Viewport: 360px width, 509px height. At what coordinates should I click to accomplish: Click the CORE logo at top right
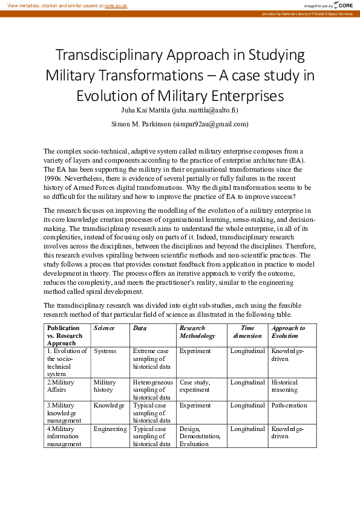pyautogui.click(x=343, y=5)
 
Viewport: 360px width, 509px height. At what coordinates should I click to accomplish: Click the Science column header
pyautogui.click(x=104, y=328)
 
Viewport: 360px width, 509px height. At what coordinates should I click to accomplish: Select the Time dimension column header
pyautogui.click(x=247, y=331)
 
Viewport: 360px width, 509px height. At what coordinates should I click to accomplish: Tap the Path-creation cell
pyautogui.click(x=289, y=405)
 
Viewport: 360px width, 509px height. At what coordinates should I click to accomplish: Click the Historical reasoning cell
pyautogui.click(x=285, y=386)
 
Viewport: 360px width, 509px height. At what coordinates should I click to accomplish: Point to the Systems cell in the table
pyautogui.click(x=105, y=351)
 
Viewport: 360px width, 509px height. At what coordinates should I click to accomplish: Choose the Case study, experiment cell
pyautogui.click(x=195, y=386)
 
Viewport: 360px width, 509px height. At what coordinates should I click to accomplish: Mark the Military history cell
pyautogui.click(x=105, y=386)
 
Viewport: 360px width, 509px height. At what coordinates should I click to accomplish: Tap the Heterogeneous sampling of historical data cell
pyautogui.click(x=153, y=390)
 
